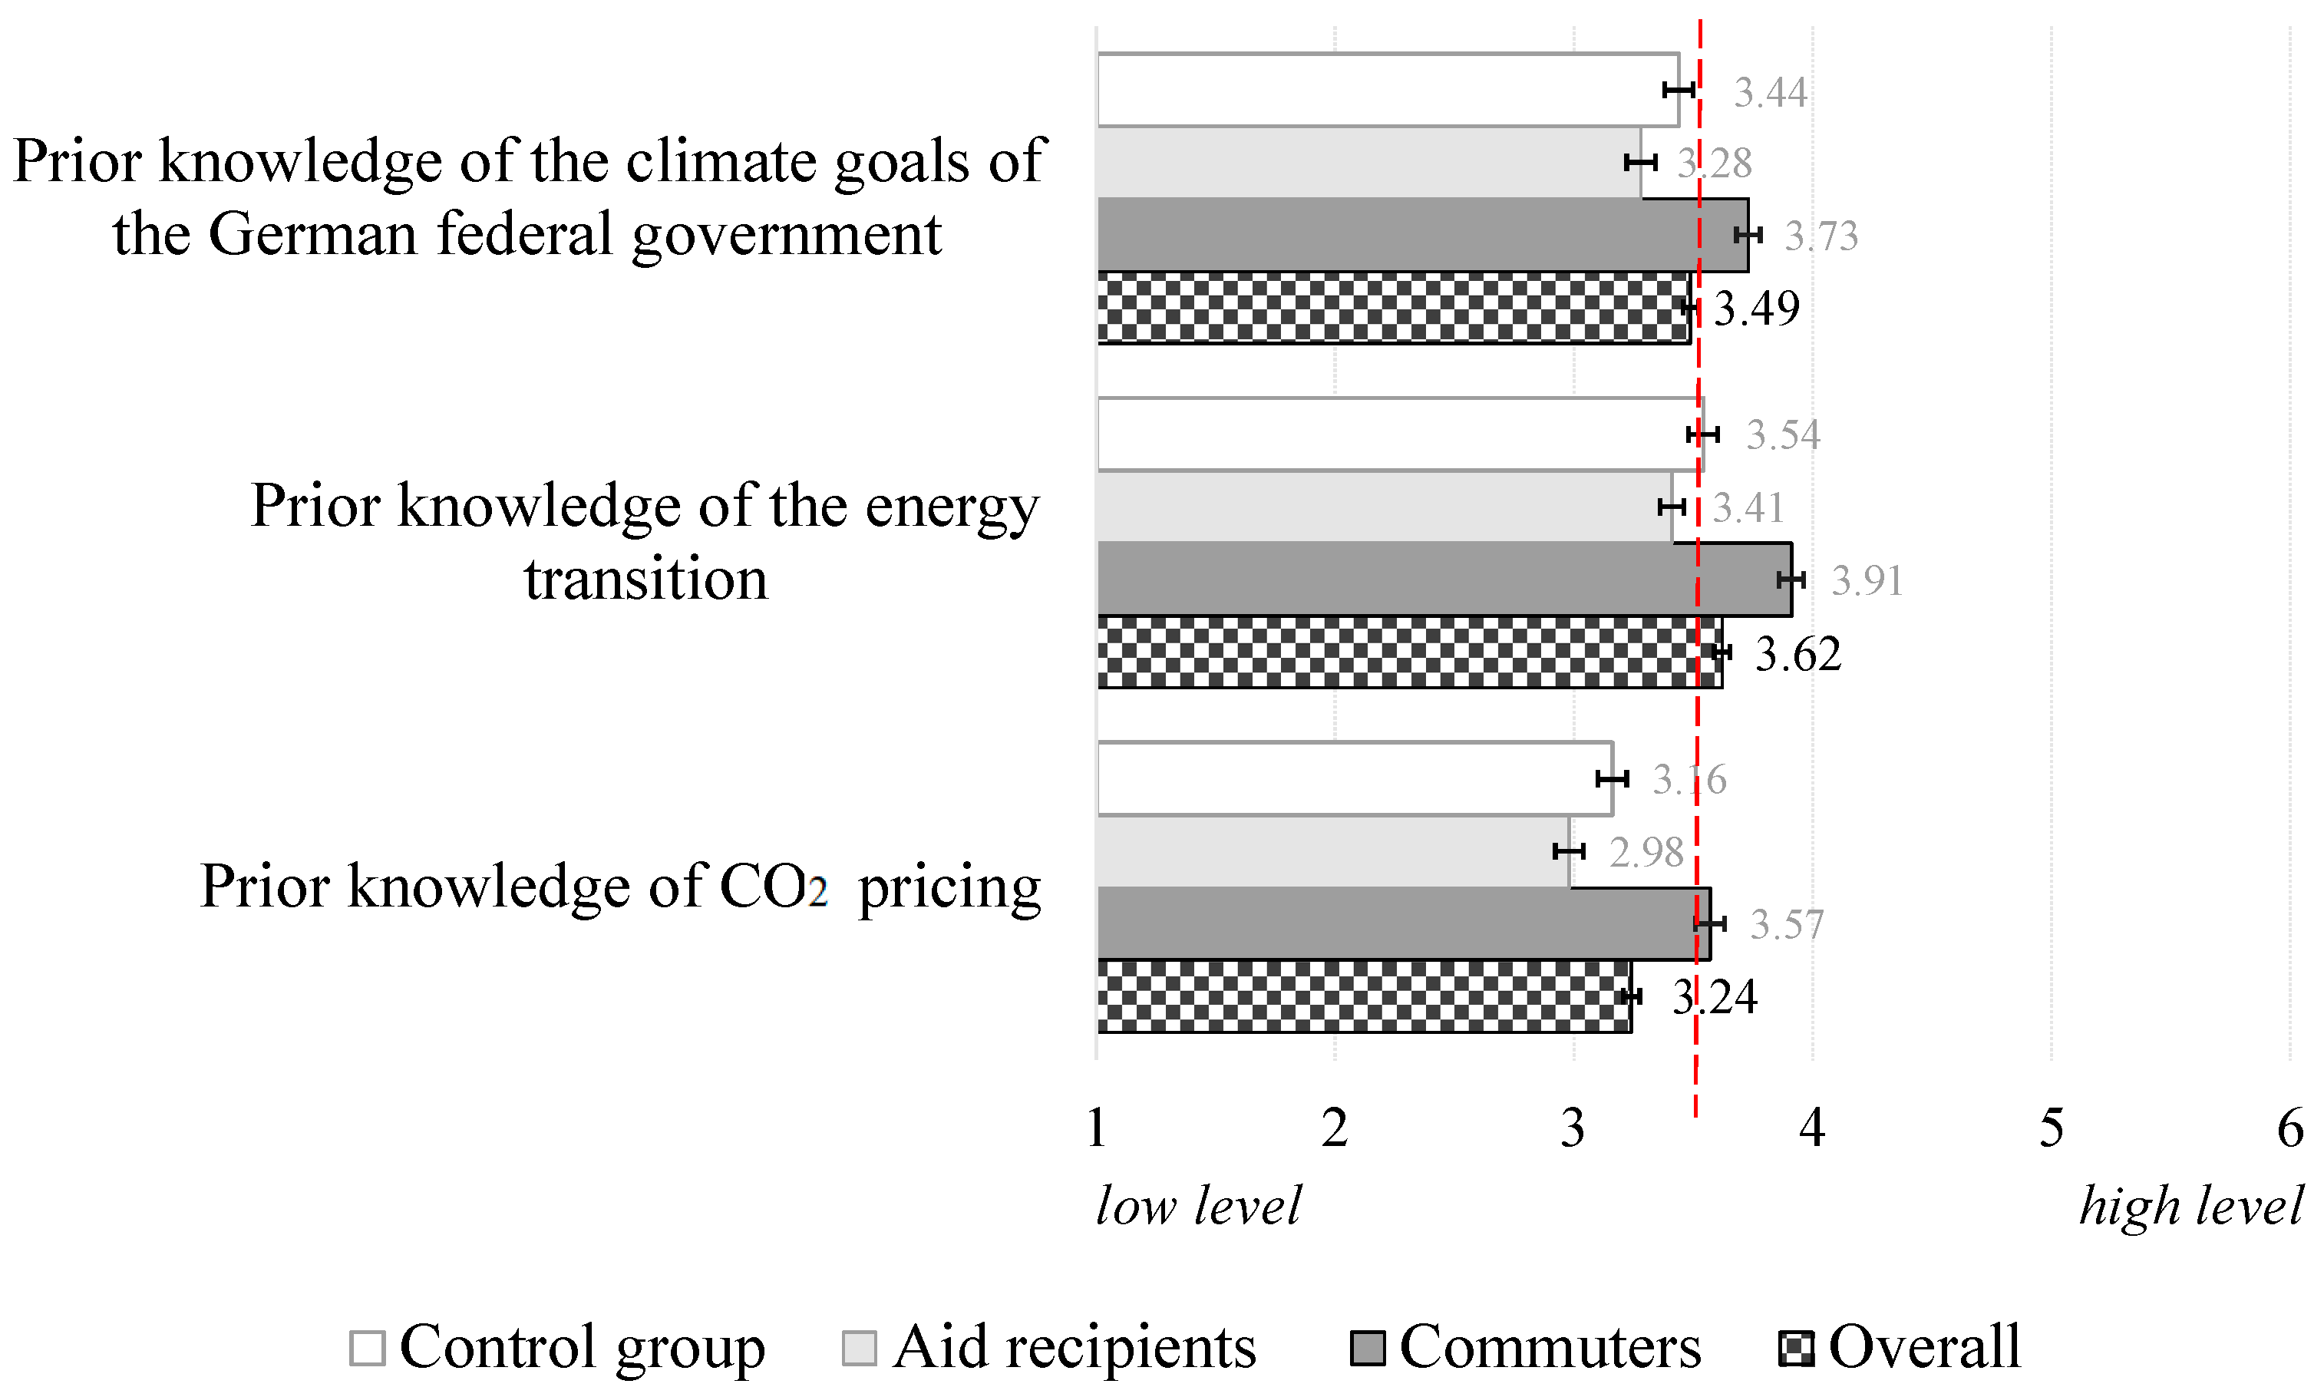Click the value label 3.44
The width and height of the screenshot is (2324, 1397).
click(1770, 92)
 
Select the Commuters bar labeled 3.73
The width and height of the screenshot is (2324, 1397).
click(1421, 234)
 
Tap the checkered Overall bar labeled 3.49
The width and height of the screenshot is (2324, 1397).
click(1393, 308)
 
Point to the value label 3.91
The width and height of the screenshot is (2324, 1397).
click(1867, 580)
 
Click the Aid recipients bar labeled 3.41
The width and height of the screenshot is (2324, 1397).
click(1384, 507)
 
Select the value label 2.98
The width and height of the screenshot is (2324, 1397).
click(1646, 853)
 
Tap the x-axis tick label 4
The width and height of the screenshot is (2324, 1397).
click(1812, 1128)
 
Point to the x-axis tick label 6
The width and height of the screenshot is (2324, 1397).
click(2290, 1128)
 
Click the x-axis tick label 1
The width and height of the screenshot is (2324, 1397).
click(1096, 1128)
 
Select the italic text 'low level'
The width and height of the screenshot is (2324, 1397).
click(1197, 1206)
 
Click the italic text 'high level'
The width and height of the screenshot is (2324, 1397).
click(2190, 1206)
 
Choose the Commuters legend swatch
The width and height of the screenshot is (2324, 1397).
click(1368, 1348)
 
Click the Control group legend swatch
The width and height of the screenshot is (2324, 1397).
click(367, 1348)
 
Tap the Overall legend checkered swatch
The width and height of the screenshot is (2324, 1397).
click(1795, 1348)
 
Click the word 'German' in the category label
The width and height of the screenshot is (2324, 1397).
click(312, 234)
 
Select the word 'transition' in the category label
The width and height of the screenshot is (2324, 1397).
click(645, 578)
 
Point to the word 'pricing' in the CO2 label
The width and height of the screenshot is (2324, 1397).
click(949, 887)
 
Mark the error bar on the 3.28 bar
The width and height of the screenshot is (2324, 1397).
click(1639, 163)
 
